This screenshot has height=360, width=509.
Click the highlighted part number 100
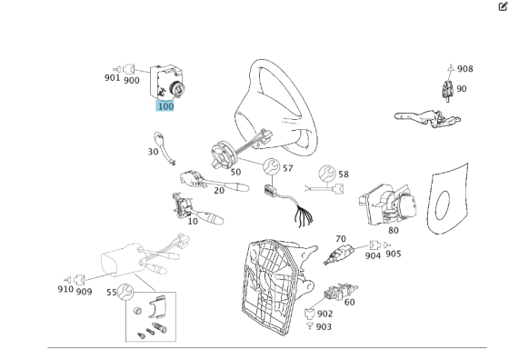pyautogui.click(x=165, y=106)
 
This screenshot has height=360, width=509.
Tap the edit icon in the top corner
pyautogui.click(x=503, y=6)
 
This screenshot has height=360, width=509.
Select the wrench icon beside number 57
pyautogui.click(x=271, y=166)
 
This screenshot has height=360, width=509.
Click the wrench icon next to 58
pyautogui.click(x=327, y=174)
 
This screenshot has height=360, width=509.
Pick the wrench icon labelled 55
pyautogui.click(x=125, y=292)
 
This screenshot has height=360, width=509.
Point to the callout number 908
pyautogui.click(x=464, y=69)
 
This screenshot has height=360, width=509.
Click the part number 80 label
pyautogui.click(x=393, y=231)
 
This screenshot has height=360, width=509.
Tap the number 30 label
pyautogui.click(x=153, y=152)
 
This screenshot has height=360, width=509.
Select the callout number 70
pyautogui.click(x=341, y=239)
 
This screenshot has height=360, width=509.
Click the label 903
pyautogui.click(x=324, y=326)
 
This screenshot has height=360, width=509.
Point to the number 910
pyautogui.click(x=65, y=289)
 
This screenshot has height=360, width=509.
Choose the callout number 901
pyautogui.click(x=113, y=77)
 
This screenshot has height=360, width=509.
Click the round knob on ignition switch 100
pyautogui.click(x=177, y=88)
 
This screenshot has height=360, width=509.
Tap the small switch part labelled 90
pyautogui.click(x=447, y=91)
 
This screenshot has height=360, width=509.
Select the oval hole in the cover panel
pyautogui.click(x=443, y=205)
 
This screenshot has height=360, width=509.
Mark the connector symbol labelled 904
pyautogui.click(x=374, y=245)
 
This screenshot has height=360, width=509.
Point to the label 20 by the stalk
pyautogui.click(x=219, y=190)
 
